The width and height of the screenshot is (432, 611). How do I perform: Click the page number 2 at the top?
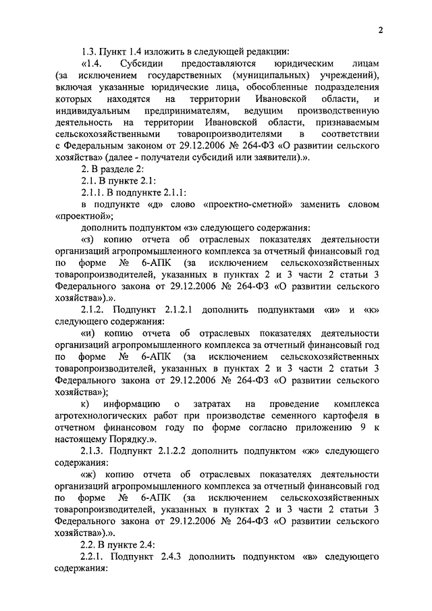tap(381, 29)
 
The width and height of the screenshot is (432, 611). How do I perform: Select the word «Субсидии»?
tap(135, 63)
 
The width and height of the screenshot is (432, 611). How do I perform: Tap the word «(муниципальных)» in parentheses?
tap(271, 75)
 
